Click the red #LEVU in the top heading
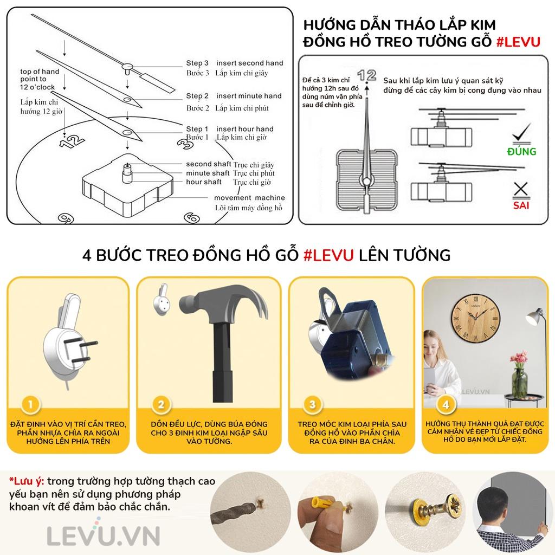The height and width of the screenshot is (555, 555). (x=518, y=42)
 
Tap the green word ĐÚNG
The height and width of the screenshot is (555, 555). (x=521, y=152)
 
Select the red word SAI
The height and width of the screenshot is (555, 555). (x=521, y=205)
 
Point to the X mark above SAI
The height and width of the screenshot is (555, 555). (x=521, y=189)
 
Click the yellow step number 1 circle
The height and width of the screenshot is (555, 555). (x=30, y=404)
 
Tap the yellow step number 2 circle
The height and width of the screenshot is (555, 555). (x=161, y=404)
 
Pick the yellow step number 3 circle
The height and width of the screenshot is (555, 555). (x=312, y=404)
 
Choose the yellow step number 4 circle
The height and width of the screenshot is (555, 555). (x=446, y=404)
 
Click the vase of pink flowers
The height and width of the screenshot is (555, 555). (x=519, y=375)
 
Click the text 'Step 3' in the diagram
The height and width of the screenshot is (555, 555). (x=197, y=63)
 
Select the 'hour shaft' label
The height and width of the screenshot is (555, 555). (x=204, y=182)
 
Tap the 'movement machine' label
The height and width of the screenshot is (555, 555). (x=249, y=198)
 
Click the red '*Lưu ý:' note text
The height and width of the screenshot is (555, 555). (x=27, y=481)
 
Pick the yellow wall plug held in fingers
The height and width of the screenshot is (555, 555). (x=321, y=504)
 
